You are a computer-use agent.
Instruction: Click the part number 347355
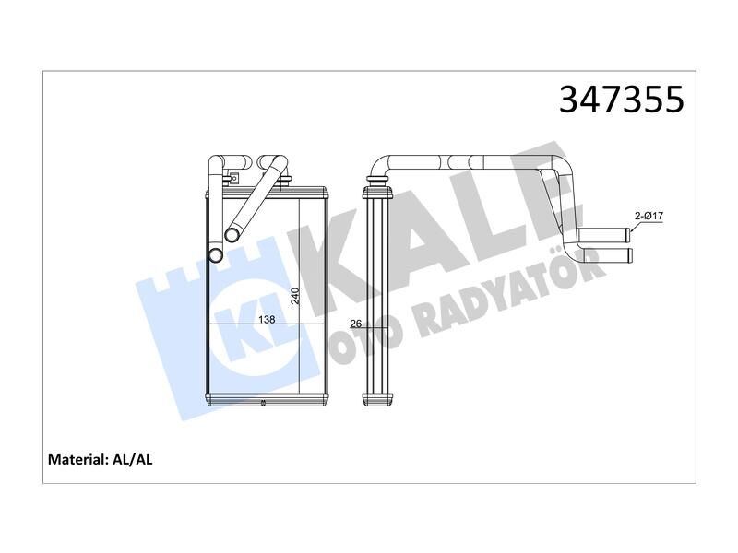(x=621, y=100)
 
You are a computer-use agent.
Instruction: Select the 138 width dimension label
(x=266, y=319)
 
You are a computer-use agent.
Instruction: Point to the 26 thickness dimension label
(x=356, y=324)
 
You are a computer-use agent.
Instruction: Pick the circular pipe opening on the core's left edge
(x=215, y=255)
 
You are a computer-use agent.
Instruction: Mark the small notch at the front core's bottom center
(x=264, y=403)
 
